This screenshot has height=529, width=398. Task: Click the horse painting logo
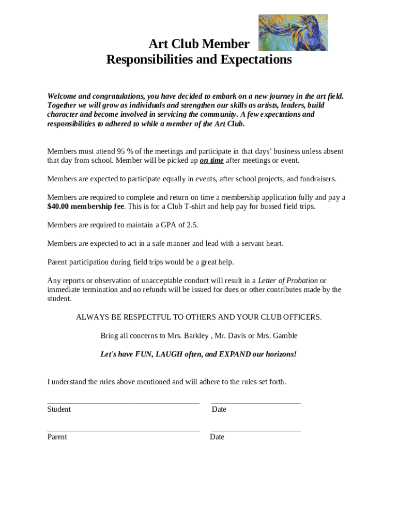tap(293, 33)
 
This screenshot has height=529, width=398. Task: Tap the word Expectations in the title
tap(256, 60)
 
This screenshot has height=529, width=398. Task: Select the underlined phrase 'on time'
tap(211, 161)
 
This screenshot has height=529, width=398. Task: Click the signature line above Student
tap(123, 402)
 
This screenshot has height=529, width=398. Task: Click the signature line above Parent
tap(123, 430)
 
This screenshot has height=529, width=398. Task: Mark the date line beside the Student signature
tap(255, 402)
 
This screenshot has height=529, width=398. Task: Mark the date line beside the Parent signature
tap(255, 430)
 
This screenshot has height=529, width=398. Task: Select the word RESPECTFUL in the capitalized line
tap(146, 317)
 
